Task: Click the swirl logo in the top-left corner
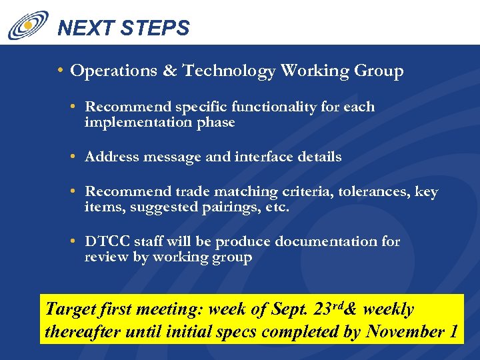tap(27, 25)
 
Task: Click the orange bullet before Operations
tap(61, 71)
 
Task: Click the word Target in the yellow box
tap(67, 310)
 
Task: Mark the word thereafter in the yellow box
tap(79, 331)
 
